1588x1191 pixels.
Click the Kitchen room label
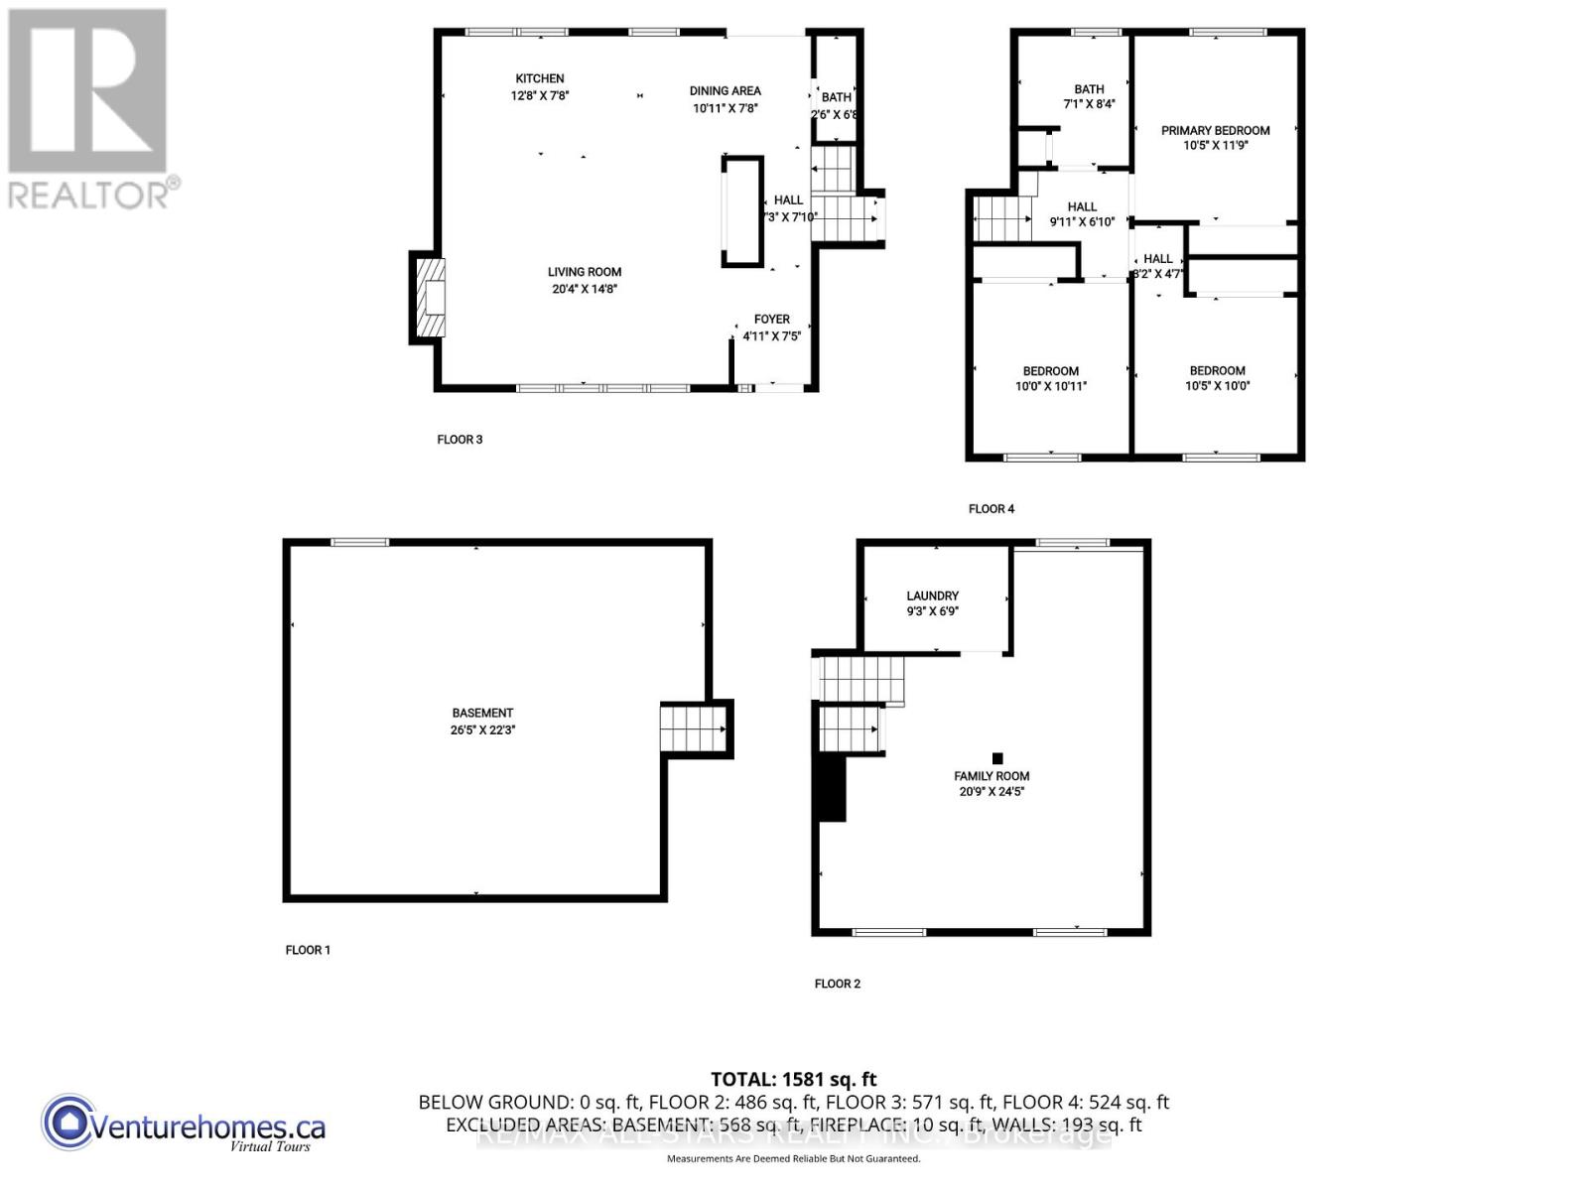(x=539, y=78)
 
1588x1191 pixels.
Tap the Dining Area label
(x=725, y=91)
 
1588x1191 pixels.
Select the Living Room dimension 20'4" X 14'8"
(x=585, y=289)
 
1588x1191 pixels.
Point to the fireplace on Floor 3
(x=430, y=298)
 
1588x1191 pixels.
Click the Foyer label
(x=771, y=320)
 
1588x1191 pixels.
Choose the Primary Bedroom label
(x=1215, y=130)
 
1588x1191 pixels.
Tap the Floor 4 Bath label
(x=1089, y=89)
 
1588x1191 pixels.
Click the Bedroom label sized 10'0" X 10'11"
(x=1051, y=371)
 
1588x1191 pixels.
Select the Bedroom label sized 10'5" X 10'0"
(x=1217, y=371)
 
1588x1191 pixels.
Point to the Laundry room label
(x=932, y=596)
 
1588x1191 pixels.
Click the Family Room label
(x=992, y=776)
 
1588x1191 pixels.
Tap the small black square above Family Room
(x=997, y=759)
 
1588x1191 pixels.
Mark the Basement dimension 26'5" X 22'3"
(x=482, y=729)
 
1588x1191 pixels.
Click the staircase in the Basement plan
(x=694, y=728)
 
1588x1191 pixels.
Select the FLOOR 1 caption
(x=308, y=950)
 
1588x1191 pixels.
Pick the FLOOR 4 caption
(x=992, y=509)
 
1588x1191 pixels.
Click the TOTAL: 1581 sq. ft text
(x=794, y=1079)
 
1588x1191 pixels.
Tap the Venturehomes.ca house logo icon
(x=68, y=1123)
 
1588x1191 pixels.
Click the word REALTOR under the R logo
(x=88, y=194)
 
